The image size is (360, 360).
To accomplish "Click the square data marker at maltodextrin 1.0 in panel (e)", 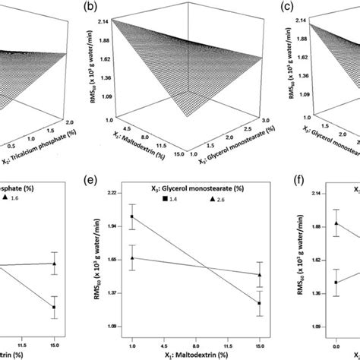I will point(133,216).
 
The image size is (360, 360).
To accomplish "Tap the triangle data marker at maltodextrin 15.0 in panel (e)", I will point(261,274).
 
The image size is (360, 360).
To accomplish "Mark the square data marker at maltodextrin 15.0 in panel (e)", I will point(261,303).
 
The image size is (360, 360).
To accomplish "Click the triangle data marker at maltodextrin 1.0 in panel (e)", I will point(133,257).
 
